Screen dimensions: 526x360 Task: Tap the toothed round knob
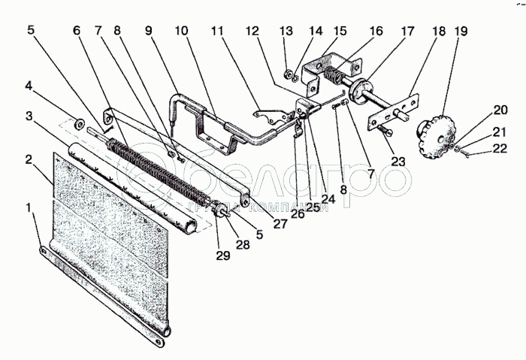434,134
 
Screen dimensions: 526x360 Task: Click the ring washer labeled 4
78,122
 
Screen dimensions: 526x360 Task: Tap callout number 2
29,159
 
